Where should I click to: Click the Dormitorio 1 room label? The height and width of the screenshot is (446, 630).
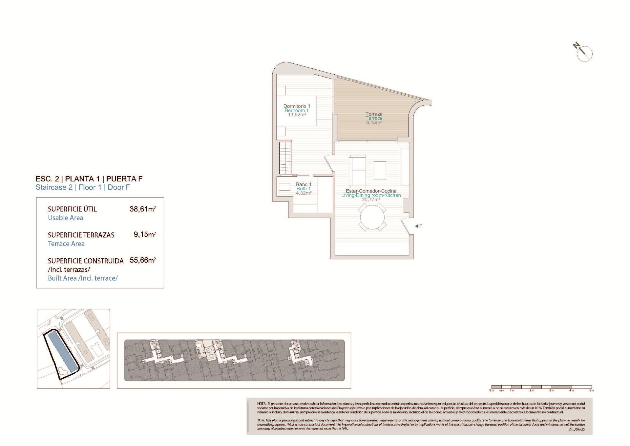click(297, 106)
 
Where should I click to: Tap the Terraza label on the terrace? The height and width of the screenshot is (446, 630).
click(374, 114)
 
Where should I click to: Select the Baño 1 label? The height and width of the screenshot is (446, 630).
click(304, 184)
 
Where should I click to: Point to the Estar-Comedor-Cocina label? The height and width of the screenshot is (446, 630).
click(371, 191)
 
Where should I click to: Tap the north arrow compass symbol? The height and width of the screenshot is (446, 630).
click(584, 53)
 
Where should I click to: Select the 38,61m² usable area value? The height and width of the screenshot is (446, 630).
click(142, 209)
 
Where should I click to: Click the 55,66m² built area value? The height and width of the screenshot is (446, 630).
click(142, 260)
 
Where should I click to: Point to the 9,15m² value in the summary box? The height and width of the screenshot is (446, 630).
click(144, 235)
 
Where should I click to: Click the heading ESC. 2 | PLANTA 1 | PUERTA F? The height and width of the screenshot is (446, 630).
click(89, 179)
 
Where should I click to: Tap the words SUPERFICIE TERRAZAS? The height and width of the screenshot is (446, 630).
click(81, 235)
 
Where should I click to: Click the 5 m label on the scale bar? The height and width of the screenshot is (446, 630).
click(591, 390)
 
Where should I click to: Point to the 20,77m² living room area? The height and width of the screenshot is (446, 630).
click(371, 200)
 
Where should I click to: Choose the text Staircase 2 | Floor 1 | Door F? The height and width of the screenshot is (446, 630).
click(83, 188)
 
